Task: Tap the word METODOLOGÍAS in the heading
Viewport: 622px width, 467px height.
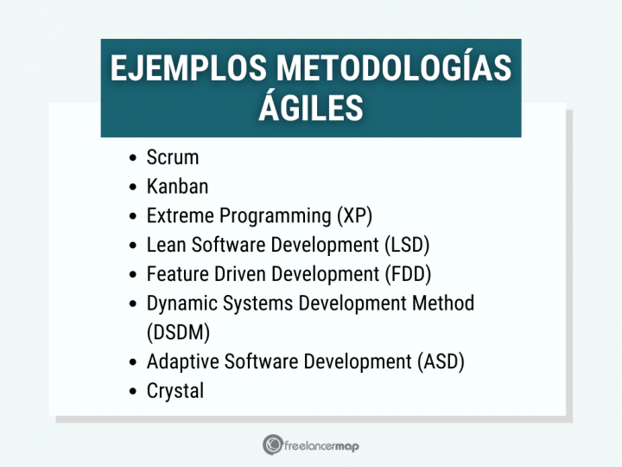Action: tap(394, 69)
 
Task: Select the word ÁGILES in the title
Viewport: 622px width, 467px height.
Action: tap(311, 109)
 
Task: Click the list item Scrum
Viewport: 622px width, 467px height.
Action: tap(173, 157)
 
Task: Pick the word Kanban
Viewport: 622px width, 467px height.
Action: tap(177, 187)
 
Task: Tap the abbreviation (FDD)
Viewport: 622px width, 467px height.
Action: tap(406, 274)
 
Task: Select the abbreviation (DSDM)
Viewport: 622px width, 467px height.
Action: tap(178, 332)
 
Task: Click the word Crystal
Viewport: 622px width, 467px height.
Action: tap(175, 391)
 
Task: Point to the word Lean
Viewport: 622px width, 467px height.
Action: tap(164, 245)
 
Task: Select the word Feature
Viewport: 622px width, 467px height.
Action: tap(175, 274)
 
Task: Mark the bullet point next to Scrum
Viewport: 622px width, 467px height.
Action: tap(132, 158)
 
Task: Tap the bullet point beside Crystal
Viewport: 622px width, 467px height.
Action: tap(132, 392)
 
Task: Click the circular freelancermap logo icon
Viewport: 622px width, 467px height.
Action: tap(273, 445)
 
